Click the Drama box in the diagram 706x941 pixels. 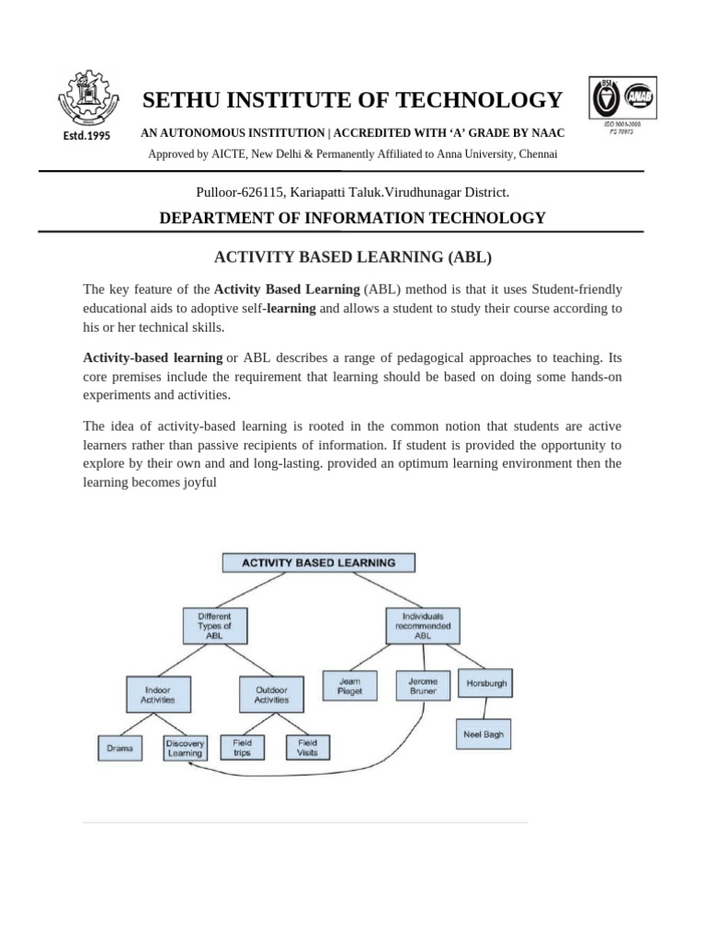click(x=120, y=749)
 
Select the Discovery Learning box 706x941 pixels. click(x=185, y=747)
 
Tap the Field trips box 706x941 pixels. click(x=243, y=747)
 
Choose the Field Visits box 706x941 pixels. click(x=307, y=747)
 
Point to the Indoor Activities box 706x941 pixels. click(x=157, y=694)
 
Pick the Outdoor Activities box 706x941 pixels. click(x=271, y=694)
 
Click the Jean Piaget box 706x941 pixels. click(x=349, y=686)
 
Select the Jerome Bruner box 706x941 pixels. click(x=423, y=686)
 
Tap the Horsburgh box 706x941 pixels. click(x=486, y=684)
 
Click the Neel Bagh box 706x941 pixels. click(x=485, y=734)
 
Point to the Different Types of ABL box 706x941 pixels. click(x=214, y=625)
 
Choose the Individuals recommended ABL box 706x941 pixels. click(x=423, y=625)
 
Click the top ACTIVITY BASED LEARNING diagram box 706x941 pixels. click(x=318, y=562)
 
